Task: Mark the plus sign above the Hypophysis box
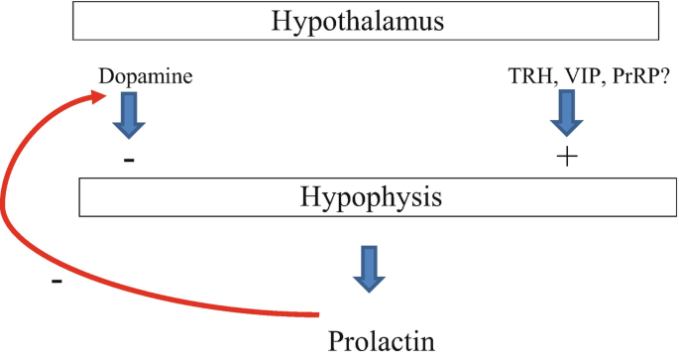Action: tap(566, 158)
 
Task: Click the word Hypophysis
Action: tap(370, 197)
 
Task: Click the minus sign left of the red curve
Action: tap(57, 282)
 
